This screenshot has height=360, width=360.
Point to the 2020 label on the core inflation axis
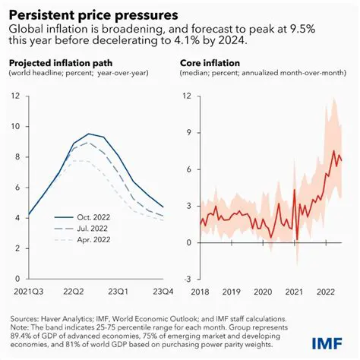click(x=263, y=292)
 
